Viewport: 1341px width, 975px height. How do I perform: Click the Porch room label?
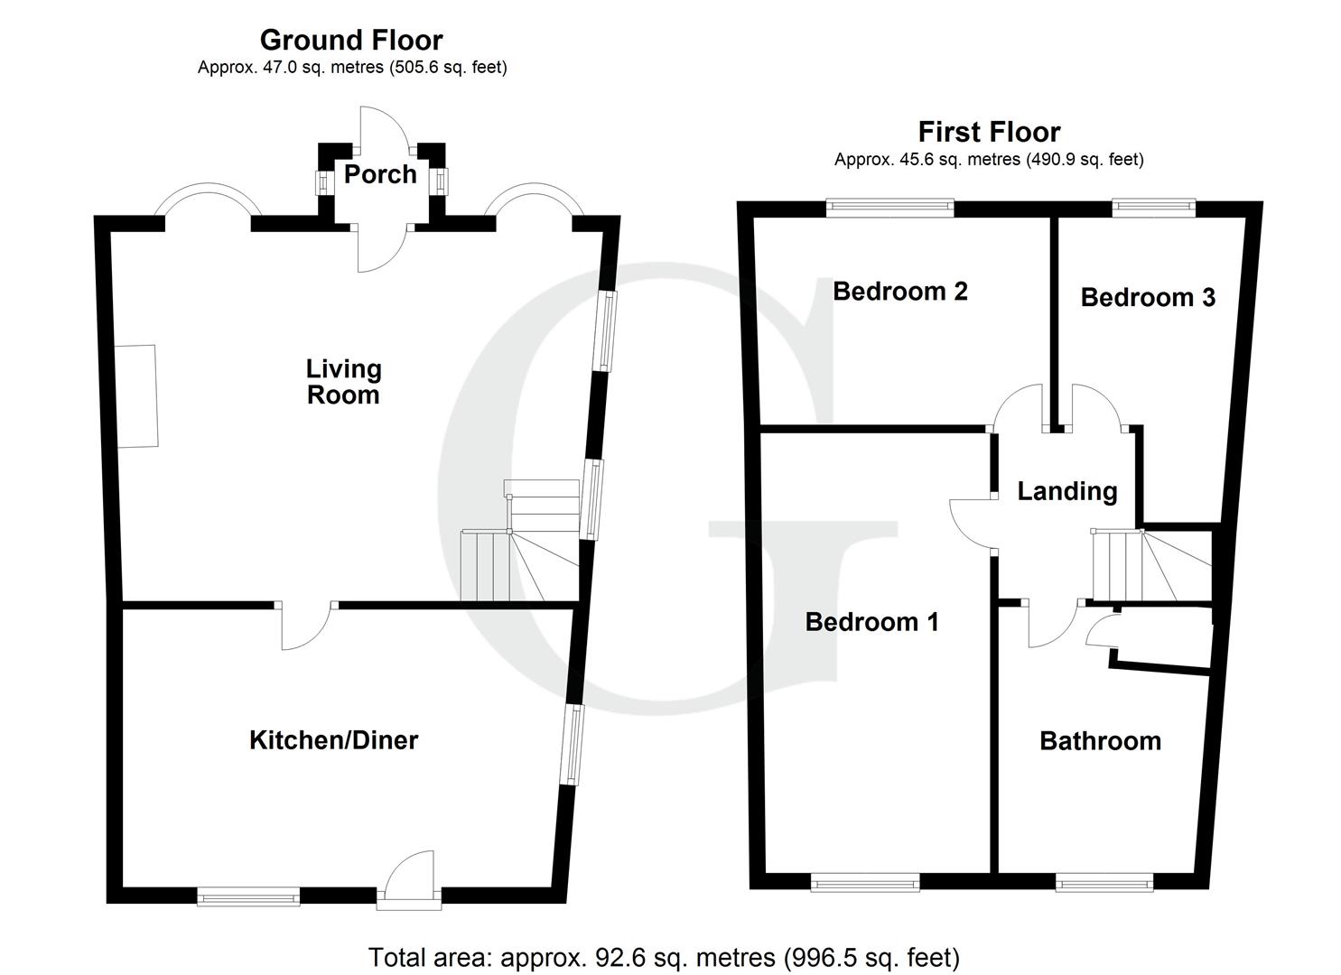[380, 174]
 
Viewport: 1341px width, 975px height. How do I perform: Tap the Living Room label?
[343, 382]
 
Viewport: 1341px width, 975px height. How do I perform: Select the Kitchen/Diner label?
[333, 740]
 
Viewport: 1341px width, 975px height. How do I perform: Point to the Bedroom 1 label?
[871, 622]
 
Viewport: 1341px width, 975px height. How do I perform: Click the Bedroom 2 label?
[899, 292]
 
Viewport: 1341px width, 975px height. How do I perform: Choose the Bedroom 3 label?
[1147, 297]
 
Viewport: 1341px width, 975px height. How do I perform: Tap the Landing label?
[1066, 491]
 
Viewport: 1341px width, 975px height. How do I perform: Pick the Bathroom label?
[1100, 741]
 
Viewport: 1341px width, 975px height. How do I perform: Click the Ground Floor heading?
[351, 41]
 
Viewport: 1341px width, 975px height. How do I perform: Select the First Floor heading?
[989, 133]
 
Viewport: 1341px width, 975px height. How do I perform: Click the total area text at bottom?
[664, 957]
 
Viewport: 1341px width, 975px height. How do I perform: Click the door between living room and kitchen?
[305, 625]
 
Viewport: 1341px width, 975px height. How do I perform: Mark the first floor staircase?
[1147, 566]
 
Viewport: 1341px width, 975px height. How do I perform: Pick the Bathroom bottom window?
[1104, 882]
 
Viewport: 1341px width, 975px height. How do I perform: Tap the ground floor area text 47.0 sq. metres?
[352, 68]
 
